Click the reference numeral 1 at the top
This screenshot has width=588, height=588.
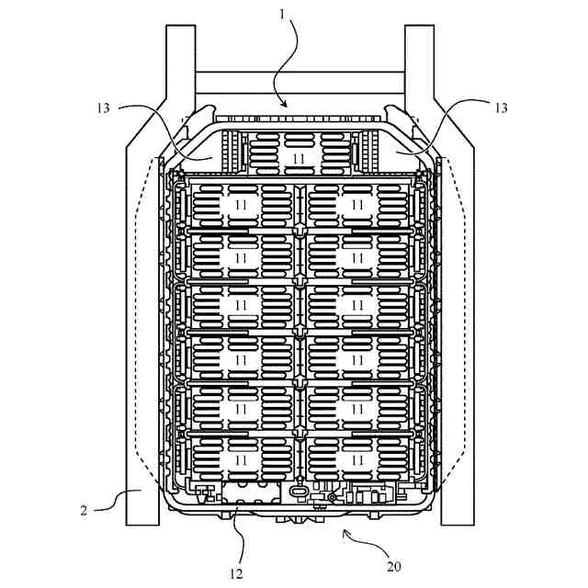tap(281, 16)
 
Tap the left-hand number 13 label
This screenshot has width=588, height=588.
tap(102, 107)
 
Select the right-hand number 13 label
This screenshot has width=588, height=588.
tap(501, 107)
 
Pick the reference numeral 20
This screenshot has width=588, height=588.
tap(393, 566)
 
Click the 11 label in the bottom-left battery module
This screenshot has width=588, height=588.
tap(241, 458)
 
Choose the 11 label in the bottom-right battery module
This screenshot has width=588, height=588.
tap(357, 458)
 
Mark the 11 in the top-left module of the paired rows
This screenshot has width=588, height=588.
tap(241, 203)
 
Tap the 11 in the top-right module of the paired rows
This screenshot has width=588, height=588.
tap(357, 203)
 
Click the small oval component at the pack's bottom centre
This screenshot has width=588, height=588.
tap(300, 492)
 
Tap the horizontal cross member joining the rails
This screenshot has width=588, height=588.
tap(299, 84)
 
